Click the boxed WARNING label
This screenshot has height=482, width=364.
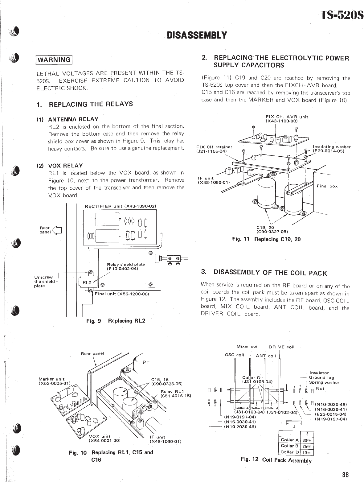[x=54, y=60]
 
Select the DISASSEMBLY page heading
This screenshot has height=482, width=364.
[x=197, y=35]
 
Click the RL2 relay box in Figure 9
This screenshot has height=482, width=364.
[x=87, y=282]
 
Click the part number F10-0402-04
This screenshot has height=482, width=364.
[x=122, y=269]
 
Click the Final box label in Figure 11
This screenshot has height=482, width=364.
[x=327, y=186]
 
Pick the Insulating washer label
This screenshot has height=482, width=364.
[x=332, y=147]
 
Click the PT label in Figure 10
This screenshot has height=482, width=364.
[x=146, y=363]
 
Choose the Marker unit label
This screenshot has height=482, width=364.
[x=51, y=379]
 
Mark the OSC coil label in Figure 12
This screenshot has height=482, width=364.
[x=235, y=355]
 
